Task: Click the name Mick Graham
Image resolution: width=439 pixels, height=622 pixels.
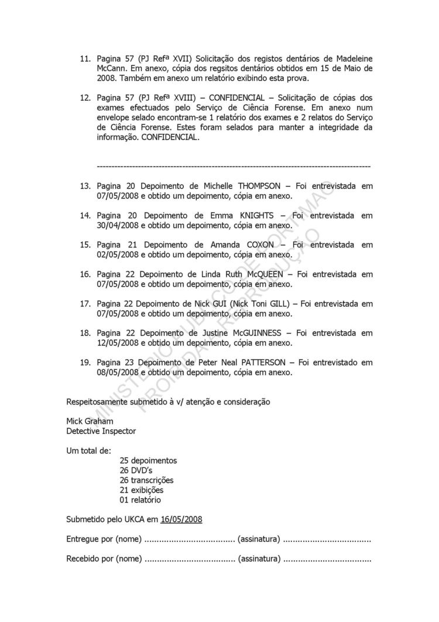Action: (x=90, y=421)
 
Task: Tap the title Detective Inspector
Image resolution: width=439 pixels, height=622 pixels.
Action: (x=101, y=431)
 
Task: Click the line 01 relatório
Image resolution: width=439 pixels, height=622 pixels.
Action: (x=140, y=500)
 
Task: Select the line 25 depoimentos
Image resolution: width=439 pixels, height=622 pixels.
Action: (x=148, y=460)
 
